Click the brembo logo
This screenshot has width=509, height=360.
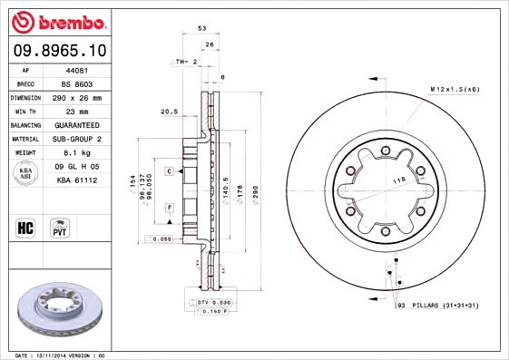pyautogui.click(x=59, y=21)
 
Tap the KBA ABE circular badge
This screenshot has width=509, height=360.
pyautogui.click(x=27, y=174)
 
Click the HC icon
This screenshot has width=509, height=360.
pyautogui.click(x=26, y=228)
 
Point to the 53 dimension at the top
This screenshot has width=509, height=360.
pyautogui.click(x=201, y=29)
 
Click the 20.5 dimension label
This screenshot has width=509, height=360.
pyautogui.click(x=168, y=112)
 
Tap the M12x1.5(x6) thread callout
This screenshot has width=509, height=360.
pyautogui.click(x=455, y=88)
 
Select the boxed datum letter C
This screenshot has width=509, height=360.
pyautogui.click(x=169, y=170)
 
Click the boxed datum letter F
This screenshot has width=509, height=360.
pyautogui.click(x=169, y=208)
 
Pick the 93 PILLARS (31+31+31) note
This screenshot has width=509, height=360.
pyautogui.click(x=437, y=306)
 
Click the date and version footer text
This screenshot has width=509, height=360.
pyautogui.click(x=61, y=355)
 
